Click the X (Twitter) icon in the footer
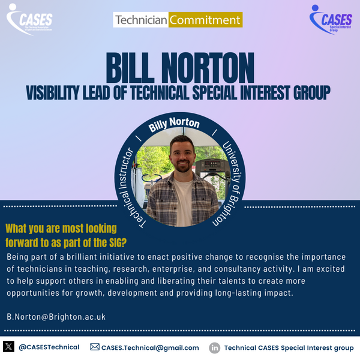(8, 347)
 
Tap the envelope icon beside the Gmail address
(94, 347)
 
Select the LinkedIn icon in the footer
(214, 347)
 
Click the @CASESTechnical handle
(49, 347)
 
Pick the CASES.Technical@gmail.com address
(150, 347)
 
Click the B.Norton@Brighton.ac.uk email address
(56, 316)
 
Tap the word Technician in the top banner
(140, 20)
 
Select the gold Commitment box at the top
(205, 20)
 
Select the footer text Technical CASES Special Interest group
(289, 347)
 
